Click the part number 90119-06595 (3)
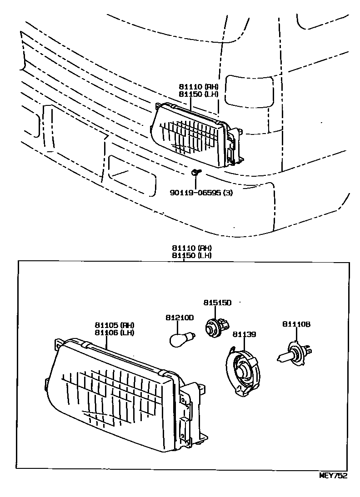(x=201, y=193)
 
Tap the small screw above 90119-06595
(x=195, y=172)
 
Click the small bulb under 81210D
(x=180, y=339)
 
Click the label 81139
(x=244, y=334)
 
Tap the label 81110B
(x=296, y=324)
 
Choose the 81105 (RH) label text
(x=115, y=325)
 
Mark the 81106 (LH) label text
(x=115, y=332)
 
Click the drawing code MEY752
(x=334, y=476)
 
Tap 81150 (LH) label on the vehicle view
(x=199, y=94)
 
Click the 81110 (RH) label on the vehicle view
(x=199, y=87)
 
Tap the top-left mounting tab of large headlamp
(x=58, y=344)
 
